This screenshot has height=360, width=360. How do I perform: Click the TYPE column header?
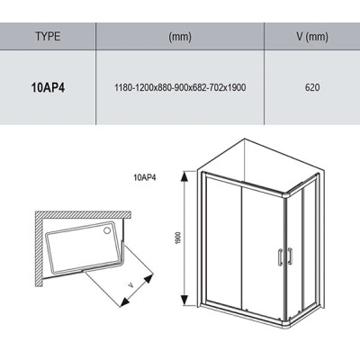coord(48,37)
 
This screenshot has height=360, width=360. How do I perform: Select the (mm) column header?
coord(180,37)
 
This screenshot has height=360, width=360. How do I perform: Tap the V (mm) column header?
coord(312,37)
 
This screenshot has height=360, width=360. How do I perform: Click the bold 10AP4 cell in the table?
coord(48,87)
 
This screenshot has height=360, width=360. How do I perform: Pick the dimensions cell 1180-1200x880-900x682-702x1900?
coord(180,87)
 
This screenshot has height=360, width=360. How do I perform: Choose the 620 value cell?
coord(312,87)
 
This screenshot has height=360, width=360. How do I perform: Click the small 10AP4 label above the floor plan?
coord(145,177)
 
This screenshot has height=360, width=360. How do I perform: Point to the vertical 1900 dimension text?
coord(179,238)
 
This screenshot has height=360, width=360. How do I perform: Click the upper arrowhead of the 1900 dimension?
coord(184,176)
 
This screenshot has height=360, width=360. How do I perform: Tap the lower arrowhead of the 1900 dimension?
coord(184,301)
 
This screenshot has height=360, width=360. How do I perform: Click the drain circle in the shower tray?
coord(107,230)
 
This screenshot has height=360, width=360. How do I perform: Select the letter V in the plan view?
coord(130,285)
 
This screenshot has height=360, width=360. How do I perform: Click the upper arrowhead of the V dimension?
coord(148,278)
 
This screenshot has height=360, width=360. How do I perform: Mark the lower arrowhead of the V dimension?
coord(124,301)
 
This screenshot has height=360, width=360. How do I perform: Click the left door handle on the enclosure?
coord(280,256)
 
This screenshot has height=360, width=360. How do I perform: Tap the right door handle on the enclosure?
coord(290,256)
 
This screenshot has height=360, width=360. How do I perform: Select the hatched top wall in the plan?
coord(84,215)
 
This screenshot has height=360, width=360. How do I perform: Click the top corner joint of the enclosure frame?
coord(285,196)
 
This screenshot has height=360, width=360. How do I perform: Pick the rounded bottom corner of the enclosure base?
coord(285,324)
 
